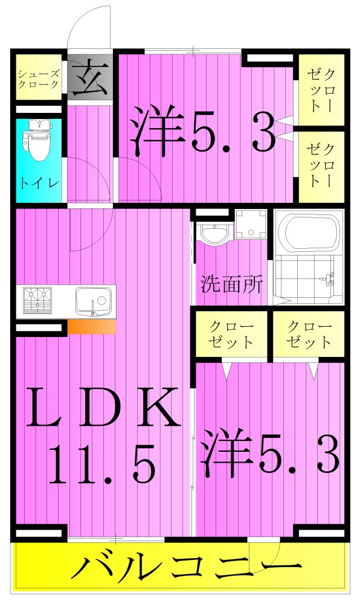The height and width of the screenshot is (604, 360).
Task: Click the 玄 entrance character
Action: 90,77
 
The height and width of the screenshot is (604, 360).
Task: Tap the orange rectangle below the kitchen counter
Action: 91,327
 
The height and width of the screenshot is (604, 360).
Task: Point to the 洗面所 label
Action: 232,284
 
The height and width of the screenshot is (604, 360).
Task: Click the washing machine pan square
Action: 250,223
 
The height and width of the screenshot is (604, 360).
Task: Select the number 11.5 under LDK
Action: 103,465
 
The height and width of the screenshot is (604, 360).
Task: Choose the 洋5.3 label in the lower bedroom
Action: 270,451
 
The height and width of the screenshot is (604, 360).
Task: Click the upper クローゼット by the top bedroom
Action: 321,90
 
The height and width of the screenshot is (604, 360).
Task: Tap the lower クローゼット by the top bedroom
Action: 321,164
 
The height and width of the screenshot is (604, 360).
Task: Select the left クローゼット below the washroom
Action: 231,334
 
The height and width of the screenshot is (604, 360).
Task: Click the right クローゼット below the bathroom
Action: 309,334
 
